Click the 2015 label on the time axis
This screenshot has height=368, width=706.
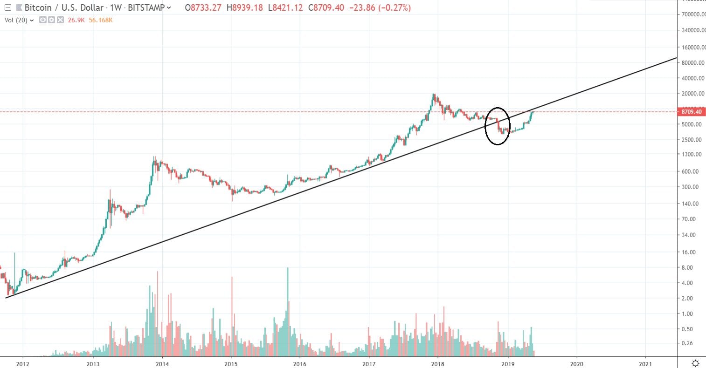[x=231, y=364]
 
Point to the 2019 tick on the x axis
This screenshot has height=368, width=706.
[x=508, y=364]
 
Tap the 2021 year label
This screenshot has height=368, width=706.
[x=645, y=364]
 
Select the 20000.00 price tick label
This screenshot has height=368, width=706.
[x=691, y=94]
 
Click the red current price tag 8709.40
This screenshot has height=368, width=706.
[x=692, y=112]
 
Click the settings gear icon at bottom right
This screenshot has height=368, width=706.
[x=695, y=363]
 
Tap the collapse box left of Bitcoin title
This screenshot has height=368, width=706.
[x=7, y=7]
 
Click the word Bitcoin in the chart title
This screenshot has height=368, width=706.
[x=38, y=8]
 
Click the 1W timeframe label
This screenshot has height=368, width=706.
[x=115, y=8]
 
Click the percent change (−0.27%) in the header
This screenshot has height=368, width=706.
[x=393, y=8]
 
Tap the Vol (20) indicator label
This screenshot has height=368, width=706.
[x=17, y=20]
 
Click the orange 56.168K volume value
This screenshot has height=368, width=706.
[x=101, y=20]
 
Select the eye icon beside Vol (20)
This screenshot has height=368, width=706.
[x=43, y=20]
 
